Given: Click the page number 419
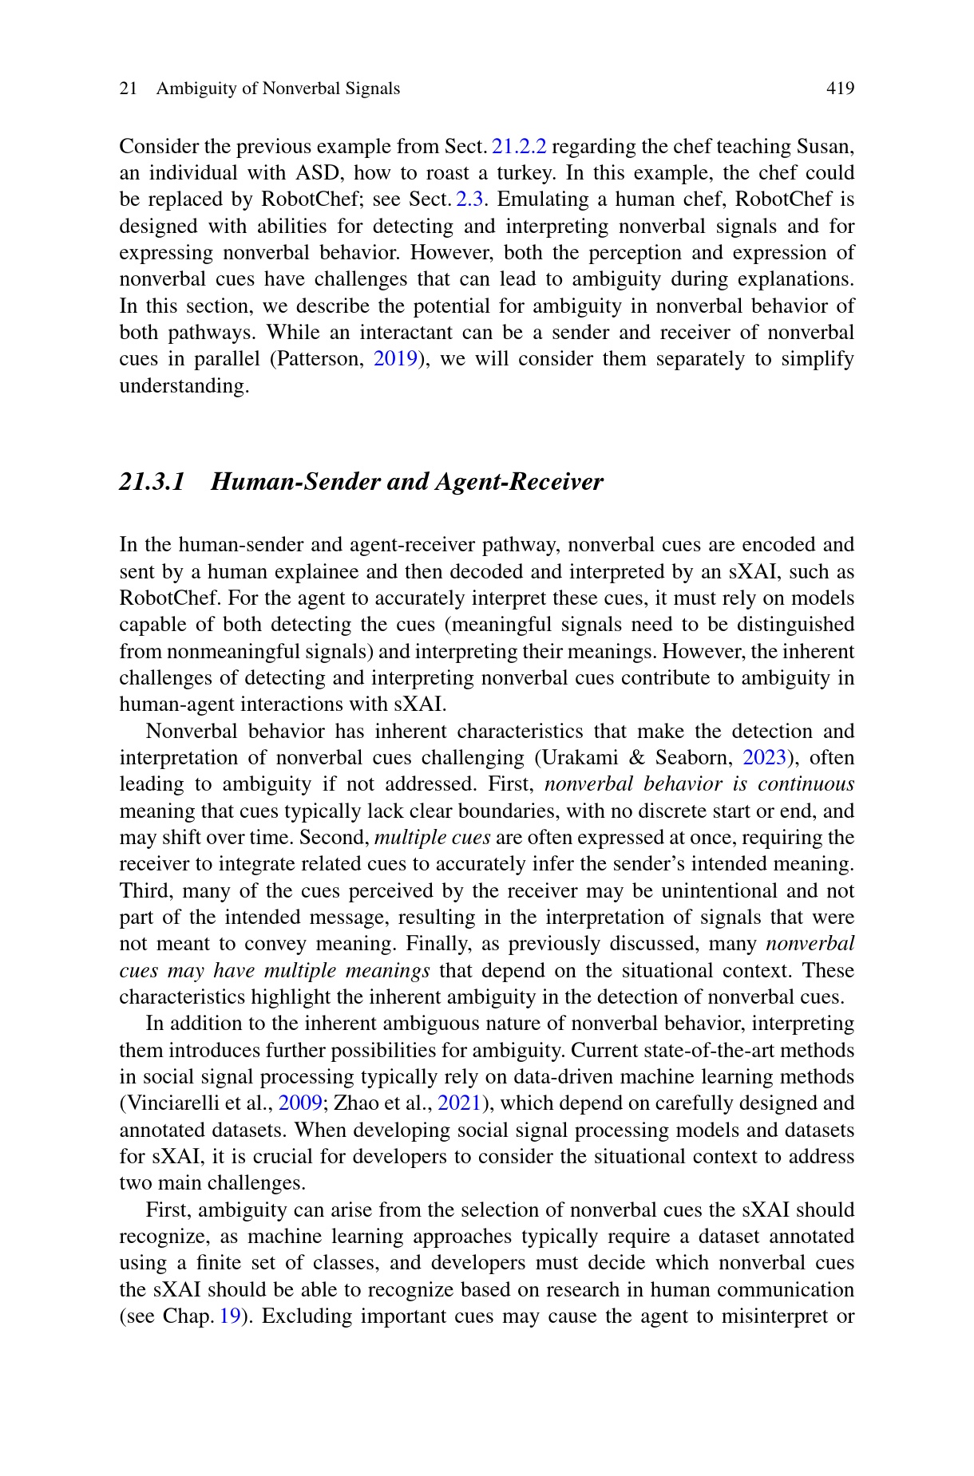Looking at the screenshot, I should coord(840,89).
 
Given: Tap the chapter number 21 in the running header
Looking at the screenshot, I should coord(128,89).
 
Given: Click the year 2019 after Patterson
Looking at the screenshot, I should coord(395,359).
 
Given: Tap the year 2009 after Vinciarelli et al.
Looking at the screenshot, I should coord(300,1103).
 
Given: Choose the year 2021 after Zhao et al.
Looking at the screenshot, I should coord(460,1103).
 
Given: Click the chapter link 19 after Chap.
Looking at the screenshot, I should coord(230,1316).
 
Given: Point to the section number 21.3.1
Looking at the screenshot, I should coord(152,482).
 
